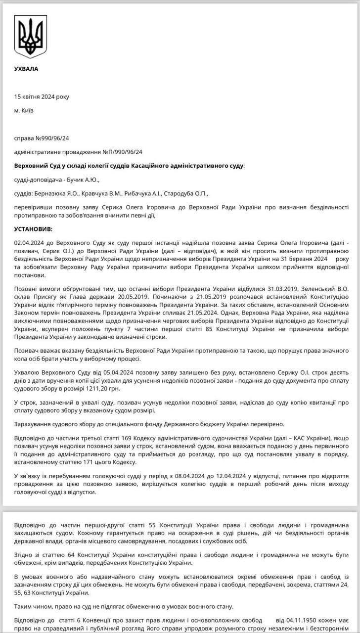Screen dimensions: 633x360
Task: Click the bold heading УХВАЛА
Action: [26, 69]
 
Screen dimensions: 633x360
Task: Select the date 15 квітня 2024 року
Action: [42, 96]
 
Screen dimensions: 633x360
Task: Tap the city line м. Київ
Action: [24, 110]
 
